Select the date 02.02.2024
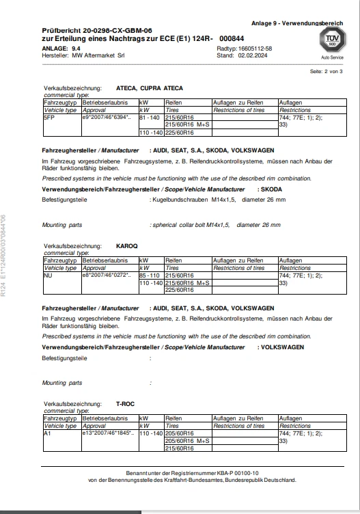pos(253,55)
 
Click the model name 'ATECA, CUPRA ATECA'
pos(150,88)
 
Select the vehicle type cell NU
pos(47,275)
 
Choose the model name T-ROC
pos(126,404)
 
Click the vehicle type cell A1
pos(46,434)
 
